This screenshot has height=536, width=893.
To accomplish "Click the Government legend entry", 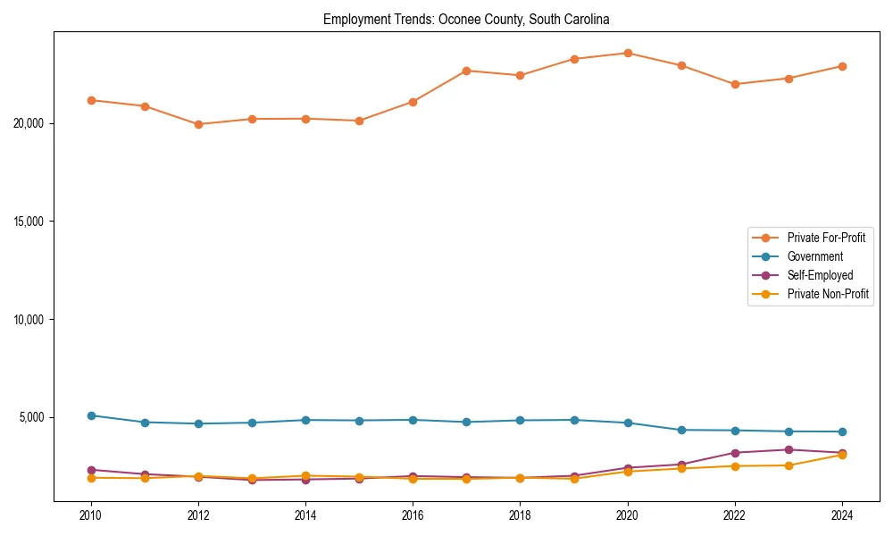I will point(814,256).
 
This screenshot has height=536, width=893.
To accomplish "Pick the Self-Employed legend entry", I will point(820,275).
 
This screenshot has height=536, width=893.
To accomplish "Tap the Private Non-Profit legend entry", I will point(828,294).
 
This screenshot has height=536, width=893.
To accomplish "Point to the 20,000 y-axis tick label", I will point(30,123).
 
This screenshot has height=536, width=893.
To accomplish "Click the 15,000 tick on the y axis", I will point(30,222).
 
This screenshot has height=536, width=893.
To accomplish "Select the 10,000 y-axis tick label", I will point(30,320).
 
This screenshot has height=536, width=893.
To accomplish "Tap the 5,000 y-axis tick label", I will point(33,417).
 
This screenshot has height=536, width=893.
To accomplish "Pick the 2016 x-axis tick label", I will point(413,515).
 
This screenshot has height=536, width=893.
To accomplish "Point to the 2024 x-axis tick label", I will point(842,515).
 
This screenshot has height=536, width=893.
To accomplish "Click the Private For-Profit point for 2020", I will point(628,54).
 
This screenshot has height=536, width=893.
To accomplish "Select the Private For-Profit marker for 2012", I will point(198,124).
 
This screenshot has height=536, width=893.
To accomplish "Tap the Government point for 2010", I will point(91,415).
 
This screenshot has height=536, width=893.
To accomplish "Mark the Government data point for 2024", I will point(842,431).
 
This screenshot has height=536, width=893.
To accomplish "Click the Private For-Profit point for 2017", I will point(467,71).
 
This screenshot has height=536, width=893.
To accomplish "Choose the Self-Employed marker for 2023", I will point(789,449).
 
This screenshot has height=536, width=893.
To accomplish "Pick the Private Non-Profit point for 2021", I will point(681,468).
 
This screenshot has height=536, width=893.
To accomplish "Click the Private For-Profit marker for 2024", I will point(842,66).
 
